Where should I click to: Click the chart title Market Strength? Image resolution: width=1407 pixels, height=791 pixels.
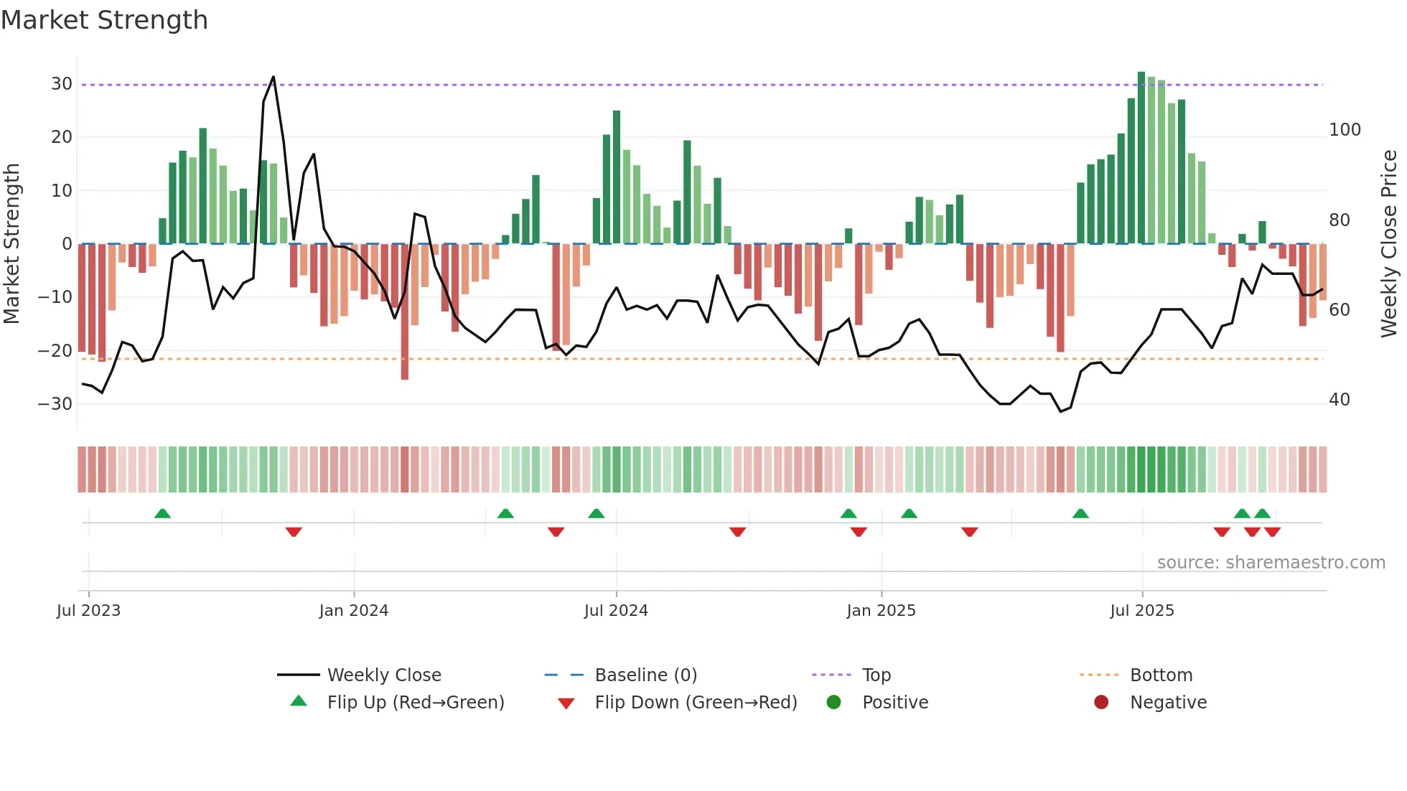pyautogui.click(x=104, y=20)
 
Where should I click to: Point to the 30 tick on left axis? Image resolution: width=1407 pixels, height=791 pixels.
pyautogui.click(x=62, y=84)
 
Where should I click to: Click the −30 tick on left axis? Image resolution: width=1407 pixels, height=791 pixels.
pyautogui.click(x=56, y=404)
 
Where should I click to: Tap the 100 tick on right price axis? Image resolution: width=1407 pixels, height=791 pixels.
pyautogui.click(x=1345, y=130)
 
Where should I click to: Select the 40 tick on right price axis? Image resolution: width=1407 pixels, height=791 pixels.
pyautogui.click(x=1339, y=400)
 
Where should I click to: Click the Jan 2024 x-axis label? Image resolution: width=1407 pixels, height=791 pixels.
pyautogui.click(x=353, y=611)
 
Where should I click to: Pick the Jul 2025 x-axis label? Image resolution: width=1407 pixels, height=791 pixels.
pyautogui.click(x=1141, y=611)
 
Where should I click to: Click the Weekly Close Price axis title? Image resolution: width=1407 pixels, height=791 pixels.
pyautogui.click(x=1389, y=244)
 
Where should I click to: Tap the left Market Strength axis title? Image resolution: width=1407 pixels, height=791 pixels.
pyautogui.click(x=11, y=244)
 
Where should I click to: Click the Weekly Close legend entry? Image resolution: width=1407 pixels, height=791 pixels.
pyautogui.click(x=384, y=675)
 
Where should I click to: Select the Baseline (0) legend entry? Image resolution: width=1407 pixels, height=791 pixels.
pyautogui.click(x=645, y=675)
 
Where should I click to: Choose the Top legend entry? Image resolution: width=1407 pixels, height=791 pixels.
pyautogui.click(x=876, y=675)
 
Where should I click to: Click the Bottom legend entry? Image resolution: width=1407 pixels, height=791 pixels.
pyautogui.click(x=1161, y=675)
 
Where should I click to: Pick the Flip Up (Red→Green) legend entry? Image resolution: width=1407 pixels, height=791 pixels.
pyautogui.click(x=415, y=703)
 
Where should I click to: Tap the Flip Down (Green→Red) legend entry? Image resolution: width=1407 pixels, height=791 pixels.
pyautogui.click(x=695, y=703)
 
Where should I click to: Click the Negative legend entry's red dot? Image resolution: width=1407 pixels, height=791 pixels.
pyautogui.click(x=1101, y=703)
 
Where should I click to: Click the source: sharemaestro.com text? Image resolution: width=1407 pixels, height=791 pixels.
pyautogui.click(x=1271, y=563)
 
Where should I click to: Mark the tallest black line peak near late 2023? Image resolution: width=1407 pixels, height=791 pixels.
pyautogui.click(x=274, y=78)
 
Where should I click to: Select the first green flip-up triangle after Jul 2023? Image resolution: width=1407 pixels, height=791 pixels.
pyautogui.click(x=162, y=513)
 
